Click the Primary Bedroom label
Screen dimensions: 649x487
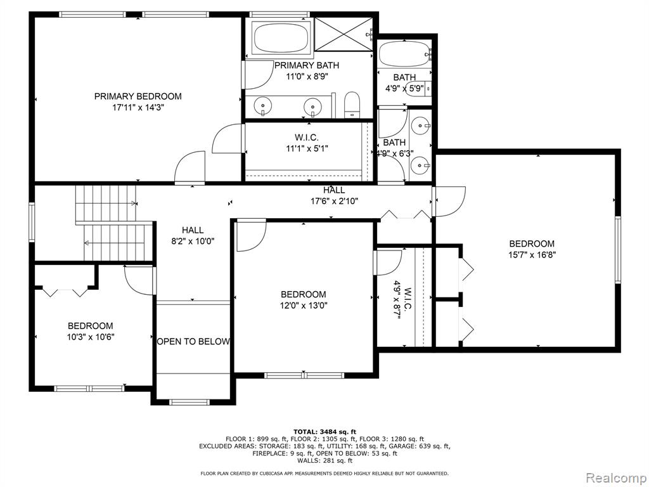pos(138,96)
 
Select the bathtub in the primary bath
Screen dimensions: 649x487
pos(282,37)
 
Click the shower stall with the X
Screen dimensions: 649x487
pos(344,34)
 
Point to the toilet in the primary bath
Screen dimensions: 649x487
pos(352,105)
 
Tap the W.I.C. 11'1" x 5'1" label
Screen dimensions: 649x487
pos(307,143)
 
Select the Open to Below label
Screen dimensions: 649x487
pos(193,342)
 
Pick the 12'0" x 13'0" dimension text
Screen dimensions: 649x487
pos(304,306)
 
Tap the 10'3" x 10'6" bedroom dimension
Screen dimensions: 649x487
pos(91,337)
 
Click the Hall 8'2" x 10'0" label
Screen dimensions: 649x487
pos(193,236)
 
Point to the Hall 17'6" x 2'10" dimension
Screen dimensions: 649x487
pos(335,201)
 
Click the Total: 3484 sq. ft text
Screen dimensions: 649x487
pos(324,432)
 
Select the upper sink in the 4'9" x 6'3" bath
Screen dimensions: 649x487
pos(421,124)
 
